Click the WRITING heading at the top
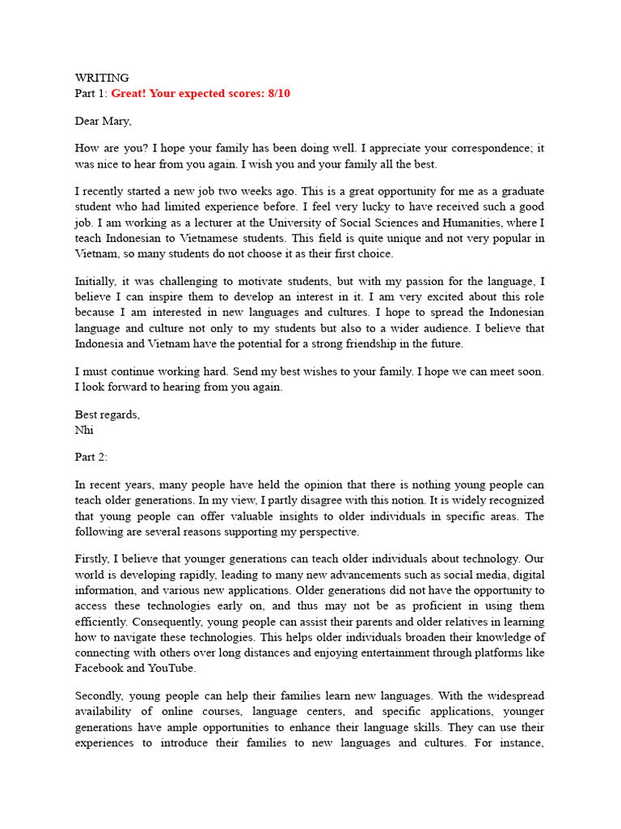102,78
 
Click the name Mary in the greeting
116,121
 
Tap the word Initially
95,282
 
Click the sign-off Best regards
107,414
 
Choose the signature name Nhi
84,430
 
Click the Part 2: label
91,457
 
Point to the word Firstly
94,559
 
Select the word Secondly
99,695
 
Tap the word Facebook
99,668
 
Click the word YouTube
171,668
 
